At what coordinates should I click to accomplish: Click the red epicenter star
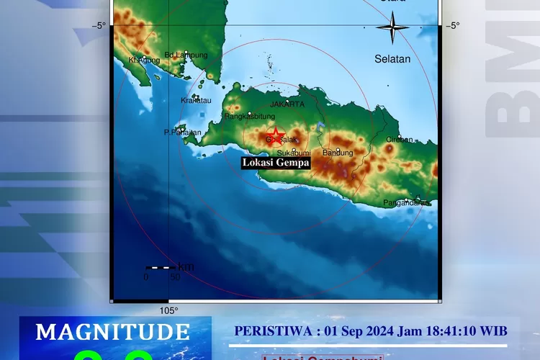(x=274, y=135)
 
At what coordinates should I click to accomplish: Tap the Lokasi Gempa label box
(x=276, y=163)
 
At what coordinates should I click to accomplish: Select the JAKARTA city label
(x=287, y=104)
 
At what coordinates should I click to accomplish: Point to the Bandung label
(x=338, y=153)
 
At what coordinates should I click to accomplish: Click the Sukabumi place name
(x=293, y=153)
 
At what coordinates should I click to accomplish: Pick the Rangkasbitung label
(x=250, y=116)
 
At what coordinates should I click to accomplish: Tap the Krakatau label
(x=197, y=101)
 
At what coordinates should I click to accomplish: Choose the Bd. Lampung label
(x=186, y=55)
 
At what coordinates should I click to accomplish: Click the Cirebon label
(x=400, y=140)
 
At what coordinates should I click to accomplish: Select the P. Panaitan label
(x=183, y=132)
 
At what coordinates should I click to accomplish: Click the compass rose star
(x=393, y=30)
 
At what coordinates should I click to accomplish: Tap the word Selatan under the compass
(x=392, y=59)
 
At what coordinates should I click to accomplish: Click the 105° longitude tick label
(x=168, y=311)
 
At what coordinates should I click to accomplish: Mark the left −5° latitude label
(x=99, y=26)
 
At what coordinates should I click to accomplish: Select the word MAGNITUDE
(x=113, y=332)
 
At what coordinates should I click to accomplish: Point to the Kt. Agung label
(x=141, y=60)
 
